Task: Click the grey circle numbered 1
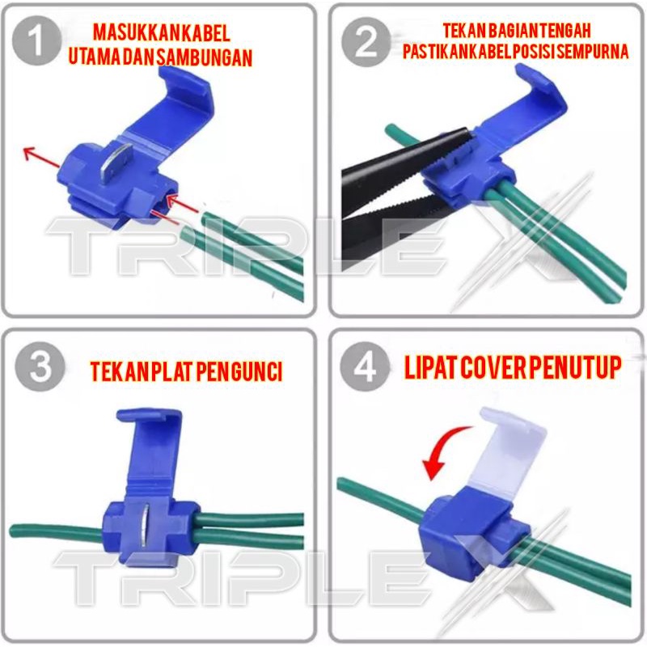tap(36, 41)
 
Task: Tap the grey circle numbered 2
tap(366, 42)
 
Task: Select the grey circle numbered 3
tap(40, 366)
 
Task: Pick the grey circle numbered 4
tap(366, 366)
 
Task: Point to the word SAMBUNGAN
tap(205, 57)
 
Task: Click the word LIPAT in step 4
tap(430, 367)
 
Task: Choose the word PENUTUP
tap(575, 367)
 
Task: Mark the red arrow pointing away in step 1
tap(42, 158)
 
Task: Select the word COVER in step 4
tap(493, 367)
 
